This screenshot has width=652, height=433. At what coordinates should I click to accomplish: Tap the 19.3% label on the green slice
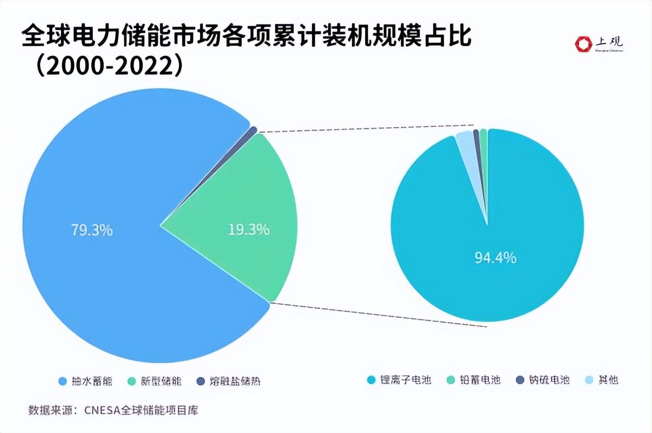248,230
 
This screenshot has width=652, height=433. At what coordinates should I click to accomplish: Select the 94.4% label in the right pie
496,258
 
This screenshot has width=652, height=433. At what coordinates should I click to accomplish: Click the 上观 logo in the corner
600,44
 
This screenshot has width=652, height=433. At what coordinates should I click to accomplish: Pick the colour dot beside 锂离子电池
372,380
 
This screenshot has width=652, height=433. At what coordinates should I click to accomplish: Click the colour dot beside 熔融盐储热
200,381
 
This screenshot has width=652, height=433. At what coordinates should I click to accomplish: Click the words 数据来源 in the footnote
47,410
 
